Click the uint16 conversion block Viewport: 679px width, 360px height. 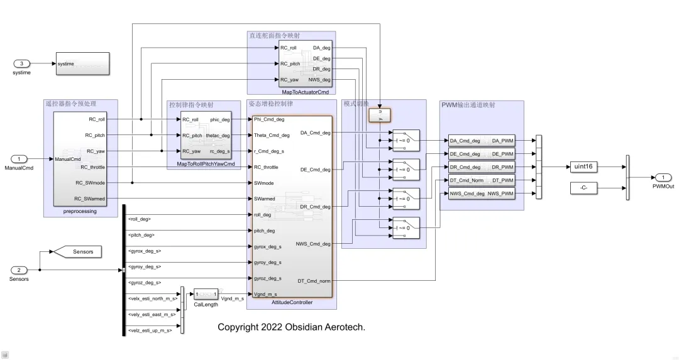click(583, 167)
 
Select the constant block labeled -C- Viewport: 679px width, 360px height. click(583, 187)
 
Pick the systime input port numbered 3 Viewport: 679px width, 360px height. click(22, 63)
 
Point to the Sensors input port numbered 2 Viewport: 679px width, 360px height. click(19, 270)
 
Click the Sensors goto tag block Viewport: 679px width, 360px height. click(80, 252)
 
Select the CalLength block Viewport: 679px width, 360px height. click(206, 294)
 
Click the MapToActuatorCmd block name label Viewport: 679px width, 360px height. click(305, 92)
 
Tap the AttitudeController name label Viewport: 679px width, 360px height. click(292, 303)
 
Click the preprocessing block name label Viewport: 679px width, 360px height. click(80, 212)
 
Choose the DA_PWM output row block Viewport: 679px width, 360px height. click(482, 141)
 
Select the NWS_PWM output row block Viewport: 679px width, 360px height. click(482, 194)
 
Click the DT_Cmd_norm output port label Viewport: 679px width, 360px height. click(314, 281)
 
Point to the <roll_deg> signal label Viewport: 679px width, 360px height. click(140, 219)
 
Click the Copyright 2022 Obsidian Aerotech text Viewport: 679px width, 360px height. click(291, 327)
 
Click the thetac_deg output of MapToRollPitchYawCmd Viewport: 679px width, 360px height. click(218, 135)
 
